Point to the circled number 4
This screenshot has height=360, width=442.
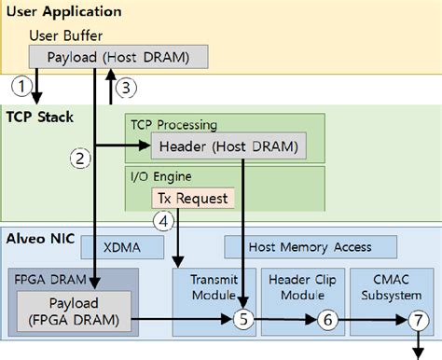[x=162, y=222]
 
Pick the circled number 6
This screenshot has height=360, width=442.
[x=327, y=319]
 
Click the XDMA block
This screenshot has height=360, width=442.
[x=124, y=246]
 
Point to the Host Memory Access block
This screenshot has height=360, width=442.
[x=310, y=246]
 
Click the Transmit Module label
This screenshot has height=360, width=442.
[x=214, y=286]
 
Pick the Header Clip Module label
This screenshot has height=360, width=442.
[x=303, y=286]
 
